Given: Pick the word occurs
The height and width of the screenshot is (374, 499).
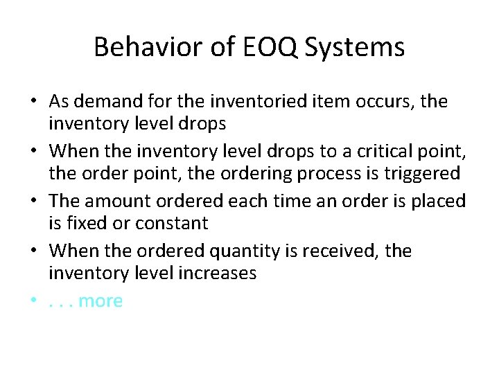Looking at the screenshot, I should [383, 102].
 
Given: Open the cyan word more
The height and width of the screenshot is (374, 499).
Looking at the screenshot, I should [100, 301].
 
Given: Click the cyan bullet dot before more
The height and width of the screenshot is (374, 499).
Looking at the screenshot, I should [33, 301].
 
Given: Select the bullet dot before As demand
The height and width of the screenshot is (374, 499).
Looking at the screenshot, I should [33, 102].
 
